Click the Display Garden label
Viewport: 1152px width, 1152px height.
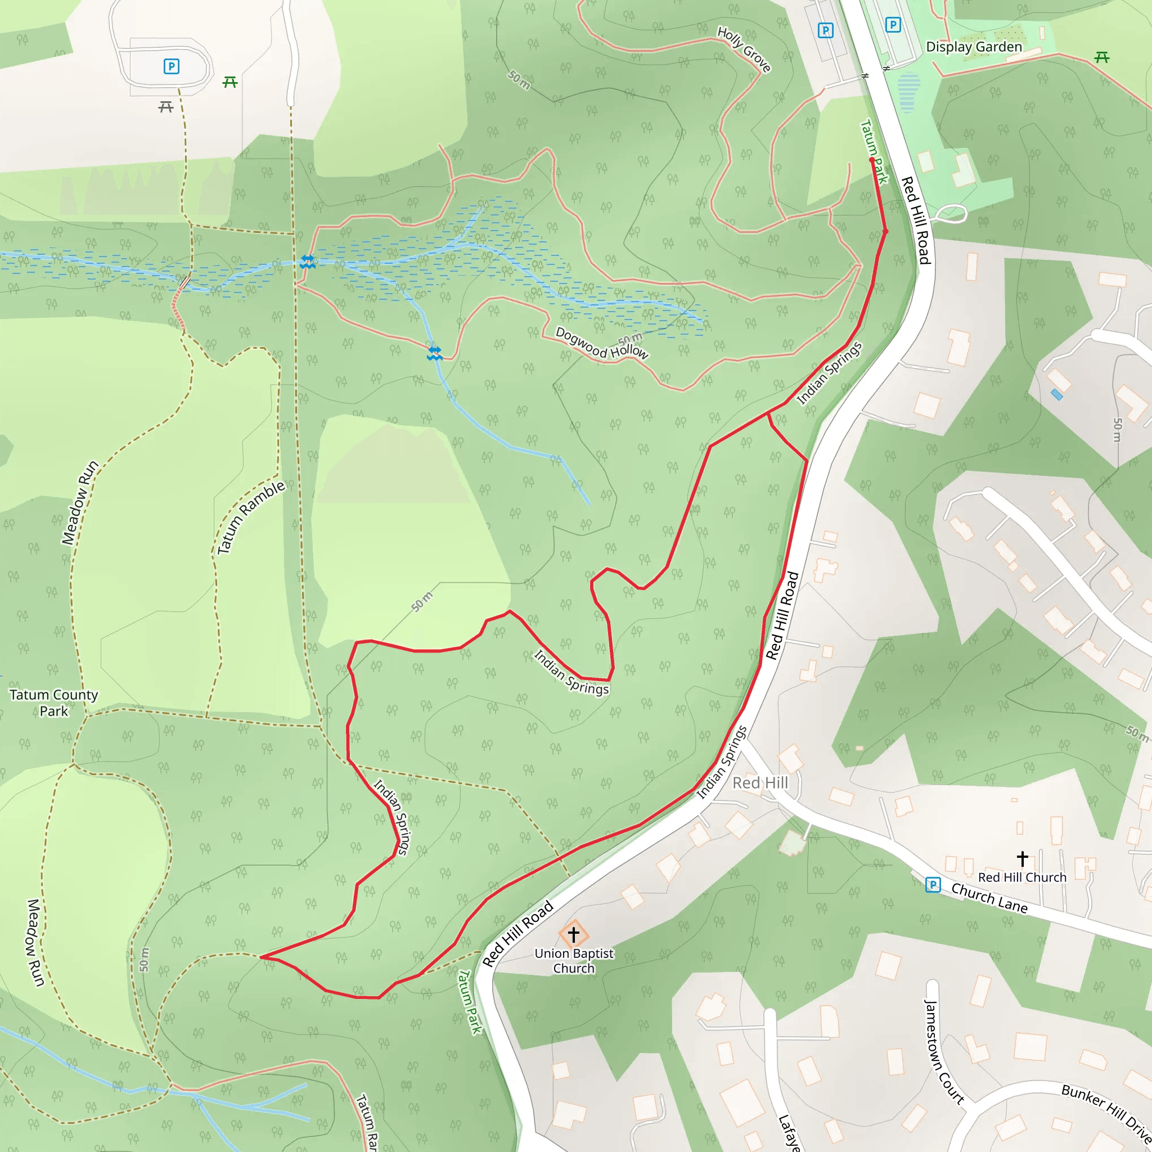tap(973, 47)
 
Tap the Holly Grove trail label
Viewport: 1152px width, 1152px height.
tap(744, 49)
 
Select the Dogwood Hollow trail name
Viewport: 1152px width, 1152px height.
tap(601, 344)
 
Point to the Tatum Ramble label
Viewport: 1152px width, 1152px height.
tap(250, 517)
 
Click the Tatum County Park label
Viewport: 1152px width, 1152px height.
tap(53, 703)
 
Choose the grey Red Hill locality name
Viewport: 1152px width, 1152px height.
tap(760, 783)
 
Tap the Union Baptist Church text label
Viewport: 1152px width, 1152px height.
tap(574, 961)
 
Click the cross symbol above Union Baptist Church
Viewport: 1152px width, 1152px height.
tap(574, 934)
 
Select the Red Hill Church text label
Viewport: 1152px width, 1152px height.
tap(1022, 877)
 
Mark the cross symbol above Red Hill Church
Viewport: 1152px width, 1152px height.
tap(1023, 858)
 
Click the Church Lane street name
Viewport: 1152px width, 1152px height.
tap(989, 898)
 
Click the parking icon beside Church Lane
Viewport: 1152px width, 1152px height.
tap(933, 885)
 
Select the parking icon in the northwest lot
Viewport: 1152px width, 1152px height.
tap(171, 66)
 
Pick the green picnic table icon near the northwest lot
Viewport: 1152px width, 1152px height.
tap(230, 82)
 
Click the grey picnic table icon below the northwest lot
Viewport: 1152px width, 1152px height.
tap(166, 107)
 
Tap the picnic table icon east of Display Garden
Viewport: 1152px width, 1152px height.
tap(1102, 57)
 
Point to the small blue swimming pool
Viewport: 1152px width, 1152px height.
tap(1056, 395)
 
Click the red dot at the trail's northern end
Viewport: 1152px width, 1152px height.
tap(872, 160)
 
